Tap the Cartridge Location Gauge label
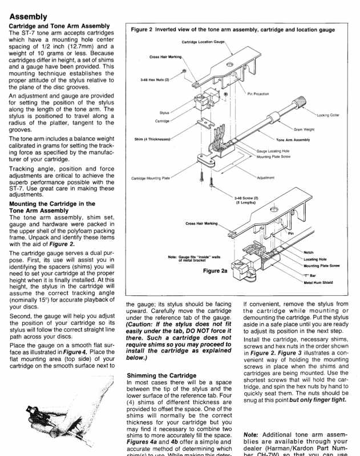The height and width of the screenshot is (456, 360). point(204,42)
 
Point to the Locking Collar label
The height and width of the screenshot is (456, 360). point(327,115)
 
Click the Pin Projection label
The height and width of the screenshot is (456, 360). point(258,94)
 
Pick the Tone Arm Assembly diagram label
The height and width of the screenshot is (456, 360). point(293,140)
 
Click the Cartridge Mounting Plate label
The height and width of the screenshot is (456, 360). point(151,178)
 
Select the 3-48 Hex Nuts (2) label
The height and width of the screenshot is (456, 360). point(155,80)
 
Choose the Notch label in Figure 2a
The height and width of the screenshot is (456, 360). point(308,252)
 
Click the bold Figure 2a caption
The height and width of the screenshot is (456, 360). point(215,271)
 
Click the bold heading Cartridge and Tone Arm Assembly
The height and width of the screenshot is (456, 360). point(59,26)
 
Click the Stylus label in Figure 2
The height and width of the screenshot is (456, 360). point(164,113)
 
